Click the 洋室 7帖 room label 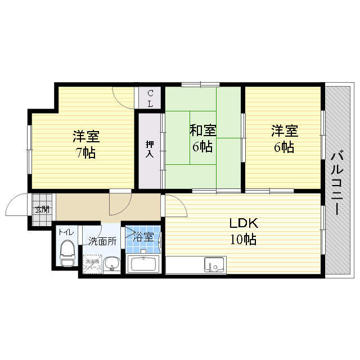(85, 144)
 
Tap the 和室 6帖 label (202, 139)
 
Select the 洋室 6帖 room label (283, 139)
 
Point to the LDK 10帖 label (242, 231)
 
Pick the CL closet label (151, 98)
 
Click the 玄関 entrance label (42, 209)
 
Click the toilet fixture (67, 253)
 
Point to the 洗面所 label (102, 241)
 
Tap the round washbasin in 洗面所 (111, 263)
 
